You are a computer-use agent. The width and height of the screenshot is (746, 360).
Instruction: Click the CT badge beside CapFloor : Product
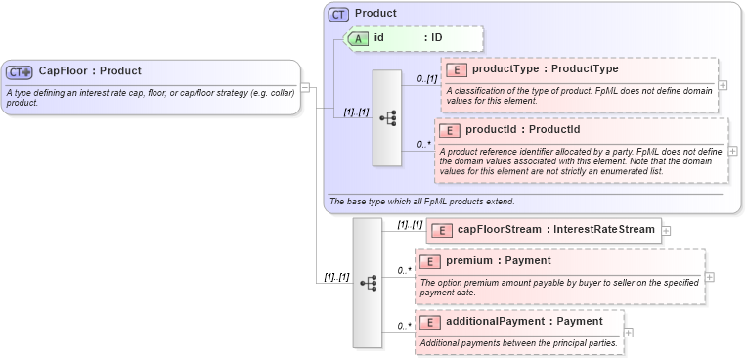[20, 71]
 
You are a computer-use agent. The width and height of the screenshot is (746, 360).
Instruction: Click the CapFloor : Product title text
[90, 71]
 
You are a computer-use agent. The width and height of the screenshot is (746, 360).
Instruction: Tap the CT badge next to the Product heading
[338, 14]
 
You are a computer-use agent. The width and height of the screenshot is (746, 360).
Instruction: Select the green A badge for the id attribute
[359, 38]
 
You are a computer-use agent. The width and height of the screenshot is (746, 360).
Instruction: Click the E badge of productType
[456, 69]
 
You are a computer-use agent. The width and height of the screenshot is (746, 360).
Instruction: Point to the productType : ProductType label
[545, 69]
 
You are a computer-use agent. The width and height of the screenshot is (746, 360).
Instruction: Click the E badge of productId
[450, 130]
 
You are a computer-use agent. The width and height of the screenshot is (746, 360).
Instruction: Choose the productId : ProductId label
[522, 130]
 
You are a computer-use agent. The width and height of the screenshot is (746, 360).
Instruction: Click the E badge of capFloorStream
[440, 230]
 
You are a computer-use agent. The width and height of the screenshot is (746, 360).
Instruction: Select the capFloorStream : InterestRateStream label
[555, 230]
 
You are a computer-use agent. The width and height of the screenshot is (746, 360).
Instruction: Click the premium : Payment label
[498, 261]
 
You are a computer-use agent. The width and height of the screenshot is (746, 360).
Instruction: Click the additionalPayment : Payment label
[524, 322]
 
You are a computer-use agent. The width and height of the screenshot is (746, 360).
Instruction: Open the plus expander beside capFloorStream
[666, 231]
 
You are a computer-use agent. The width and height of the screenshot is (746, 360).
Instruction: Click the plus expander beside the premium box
[710, 276]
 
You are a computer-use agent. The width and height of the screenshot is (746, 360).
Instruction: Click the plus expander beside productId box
[733, 152]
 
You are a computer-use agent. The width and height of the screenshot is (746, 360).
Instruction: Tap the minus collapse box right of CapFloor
[306, 87]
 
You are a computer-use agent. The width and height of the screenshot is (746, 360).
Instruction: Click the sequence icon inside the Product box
[387, 117]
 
